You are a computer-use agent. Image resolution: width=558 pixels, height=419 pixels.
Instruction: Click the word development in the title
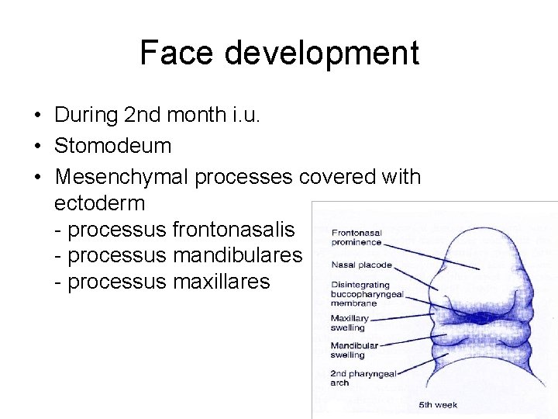tap(322, 53)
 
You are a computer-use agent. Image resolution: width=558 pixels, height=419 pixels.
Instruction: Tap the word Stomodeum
tap(112, 146)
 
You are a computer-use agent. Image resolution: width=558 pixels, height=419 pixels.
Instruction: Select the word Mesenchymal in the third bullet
tap(121, 177)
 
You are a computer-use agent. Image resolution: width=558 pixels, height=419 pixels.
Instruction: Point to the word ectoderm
tap(100, 203)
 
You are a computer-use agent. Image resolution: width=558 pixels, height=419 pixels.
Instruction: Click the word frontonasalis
tap(233, 230)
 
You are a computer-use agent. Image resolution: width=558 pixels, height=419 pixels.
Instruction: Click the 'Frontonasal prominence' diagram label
tap(357, 237)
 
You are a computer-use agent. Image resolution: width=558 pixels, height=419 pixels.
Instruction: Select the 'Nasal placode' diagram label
tap(361, 265)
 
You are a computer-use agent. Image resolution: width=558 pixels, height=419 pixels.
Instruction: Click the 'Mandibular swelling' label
tap(354, 350)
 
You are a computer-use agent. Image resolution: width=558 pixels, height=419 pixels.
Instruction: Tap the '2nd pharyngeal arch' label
tap(363, 378)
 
